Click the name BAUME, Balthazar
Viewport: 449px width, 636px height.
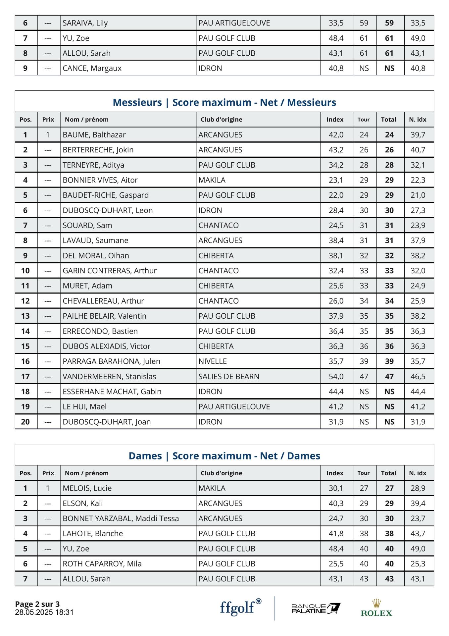(x=94, y=135)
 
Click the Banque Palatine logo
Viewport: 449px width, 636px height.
(x=316, y=609)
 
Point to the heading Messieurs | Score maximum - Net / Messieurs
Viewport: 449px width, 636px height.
(x=224, y=102)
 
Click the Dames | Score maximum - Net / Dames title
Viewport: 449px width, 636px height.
(x=224, y=456)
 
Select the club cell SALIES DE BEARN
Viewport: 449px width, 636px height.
(x=229, y=376)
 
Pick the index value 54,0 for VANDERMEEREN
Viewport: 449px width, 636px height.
(x=336, y=376)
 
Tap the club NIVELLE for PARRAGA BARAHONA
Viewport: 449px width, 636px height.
(x=213, y=361)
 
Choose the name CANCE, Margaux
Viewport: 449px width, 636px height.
(x=92, y=68)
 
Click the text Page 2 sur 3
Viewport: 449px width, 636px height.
(x=37, y=604)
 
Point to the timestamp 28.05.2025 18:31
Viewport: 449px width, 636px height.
(x=44, y=612)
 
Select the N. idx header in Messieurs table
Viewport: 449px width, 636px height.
(x=418, y=120)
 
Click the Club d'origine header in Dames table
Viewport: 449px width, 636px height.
(x=221, y=473)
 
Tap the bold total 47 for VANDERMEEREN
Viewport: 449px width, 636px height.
(x=389, y=376)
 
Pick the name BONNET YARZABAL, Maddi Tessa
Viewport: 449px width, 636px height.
(x=121, y=518)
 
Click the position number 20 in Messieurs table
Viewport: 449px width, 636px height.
(x=25, y=422)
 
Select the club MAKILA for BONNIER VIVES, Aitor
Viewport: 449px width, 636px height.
(x=212, y=180)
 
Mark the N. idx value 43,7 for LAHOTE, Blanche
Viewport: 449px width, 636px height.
(x=418, y=533)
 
